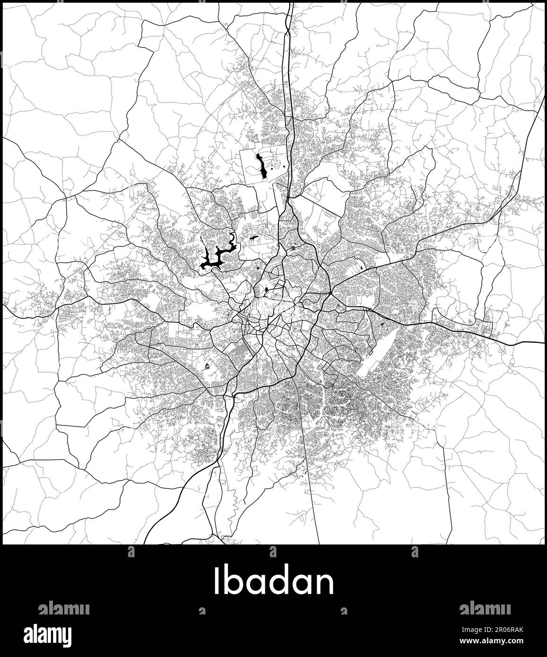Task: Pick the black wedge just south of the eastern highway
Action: [x=381, y=325]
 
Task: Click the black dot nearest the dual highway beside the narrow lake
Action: [x=282, y=166]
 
